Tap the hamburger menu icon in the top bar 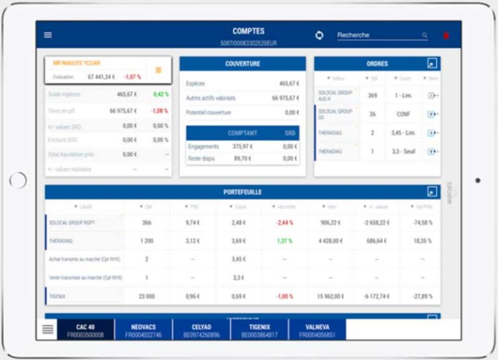coord(48,35)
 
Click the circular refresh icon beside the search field coord(319,35)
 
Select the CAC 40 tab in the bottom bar coord(86,330)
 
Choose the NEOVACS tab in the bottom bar coord(143,330)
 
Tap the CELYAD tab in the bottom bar coord(201,330)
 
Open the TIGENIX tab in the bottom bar coord(259,330)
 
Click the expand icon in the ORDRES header coord(433,64)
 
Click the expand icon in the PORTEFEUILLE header coord(433,192)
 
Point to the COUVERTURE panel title coord(243,64)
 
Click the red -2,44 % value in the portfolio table coord(285,222)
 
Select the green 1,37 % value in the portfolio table coord(285,241)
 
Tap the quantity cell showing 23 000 coord(147,296)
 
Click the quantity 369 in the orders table coord(372,95)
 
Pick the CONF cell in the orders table coord(403,114)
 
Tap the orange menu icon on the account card coord(158,70)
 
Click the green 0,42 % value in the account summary coord(160,95)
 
